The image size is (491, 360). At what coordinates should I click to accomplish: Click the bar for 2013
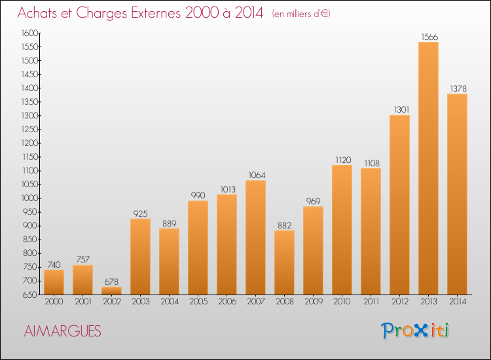click(428, 168)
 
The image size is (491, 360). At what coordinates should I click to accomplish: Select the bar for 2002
click(111, 291)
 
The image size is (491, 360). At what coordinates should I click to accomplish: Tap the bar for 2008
click(284, 262)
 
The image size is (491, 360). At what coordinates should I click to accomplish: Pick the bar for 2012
click(399, 205)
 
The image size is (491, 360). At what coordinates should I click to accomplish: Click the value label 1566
click(429, 37)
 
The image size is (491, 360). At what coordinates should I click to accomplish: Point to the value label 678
click(111, 281)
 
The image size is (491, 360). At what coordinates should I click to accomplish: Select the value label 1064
click(257, 175)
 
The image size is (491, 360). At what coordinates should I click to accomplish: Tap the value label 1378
click(458, 88)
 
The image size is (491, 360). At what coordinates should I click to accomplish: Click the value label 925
click(140, 213)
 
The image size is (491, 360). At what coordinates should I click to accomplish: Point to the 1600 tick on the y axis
click(29, 33)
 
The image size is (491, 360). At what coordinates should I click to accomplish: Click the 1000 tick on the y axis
click(29, 198)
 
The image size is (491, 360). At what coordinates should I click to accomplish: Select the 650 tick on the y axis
click(30, 295)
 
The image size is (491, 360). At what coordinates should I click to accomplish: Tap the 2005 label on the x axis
click(198, 302)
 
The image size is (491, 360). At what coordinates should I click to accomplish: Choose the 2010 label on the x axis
click(342, 302)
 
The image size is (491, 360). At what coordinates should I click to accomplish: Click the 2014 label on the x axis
click(458, 302)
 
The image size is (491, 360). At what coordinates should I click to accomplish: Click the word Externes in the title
click(156, 13)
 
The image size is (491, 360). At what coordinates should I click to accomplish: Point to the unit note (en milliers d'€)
click(301, 14)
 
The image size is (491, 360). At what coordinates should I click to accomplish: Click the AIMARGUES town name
click(63, 331)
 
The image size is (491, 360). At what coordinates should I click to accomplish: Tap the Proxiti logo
click(415, 331)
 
